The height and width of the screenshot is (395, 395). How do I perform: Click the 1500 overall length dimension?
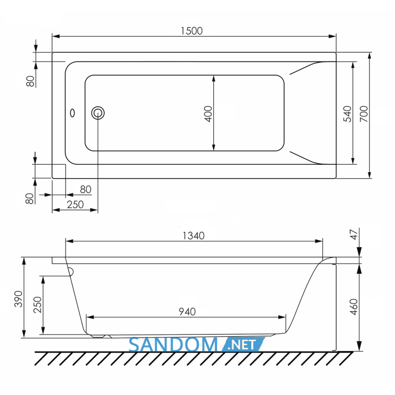pyautogui.click(x=192, y=31)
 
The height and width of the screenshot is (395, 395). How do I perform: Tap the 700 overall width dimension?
pyautogui.click(x=363, y=114)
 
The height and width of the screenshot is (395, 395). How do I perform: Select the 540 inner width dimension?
pyautogui.click(x=348, y=114)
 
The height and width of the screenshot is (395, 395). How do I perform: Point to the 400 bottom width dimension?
pyautogui.click(x=208, y=114)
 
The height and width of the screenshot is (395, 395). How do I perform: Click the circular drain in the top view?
pyautogui.click(x=98, y=113)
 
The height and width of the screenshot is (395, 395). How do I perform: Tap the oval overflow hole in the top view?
pyautogui.click(x=72, y=113)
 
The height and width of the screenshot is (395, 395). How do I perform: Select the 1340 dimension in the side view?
pyautogui.click(x=193, y=236)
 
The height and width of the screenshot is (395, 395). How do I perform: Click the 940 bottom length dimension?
pyautogui.click(x=187, y=312)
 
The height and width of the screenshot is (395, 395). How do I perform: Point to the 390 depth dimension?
pyautogui.click(x=19, y=299)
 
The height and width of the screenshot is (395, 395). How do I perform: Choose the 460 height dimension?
pyautogui.click(x=354, y=307)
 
